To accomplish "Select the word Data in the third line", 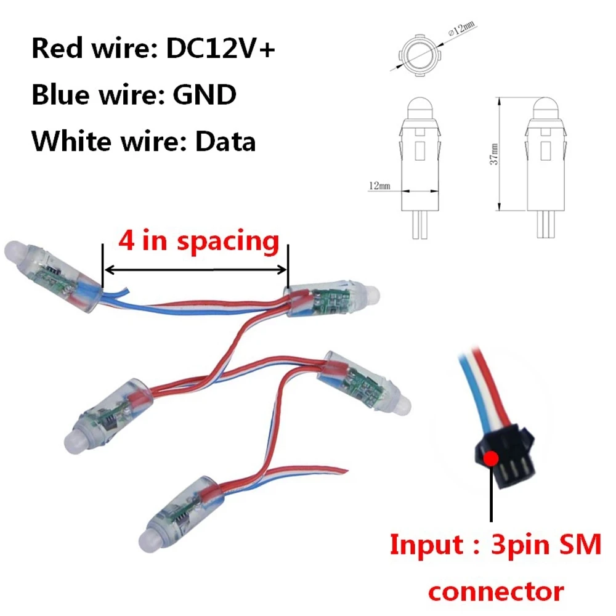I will coord(225,142).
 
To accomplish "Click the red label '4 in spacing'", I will coord(199,241).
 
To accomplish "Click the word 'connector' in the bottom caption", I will coord(496,592).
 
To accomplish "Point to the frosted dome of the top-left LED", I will coord(16,252).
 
